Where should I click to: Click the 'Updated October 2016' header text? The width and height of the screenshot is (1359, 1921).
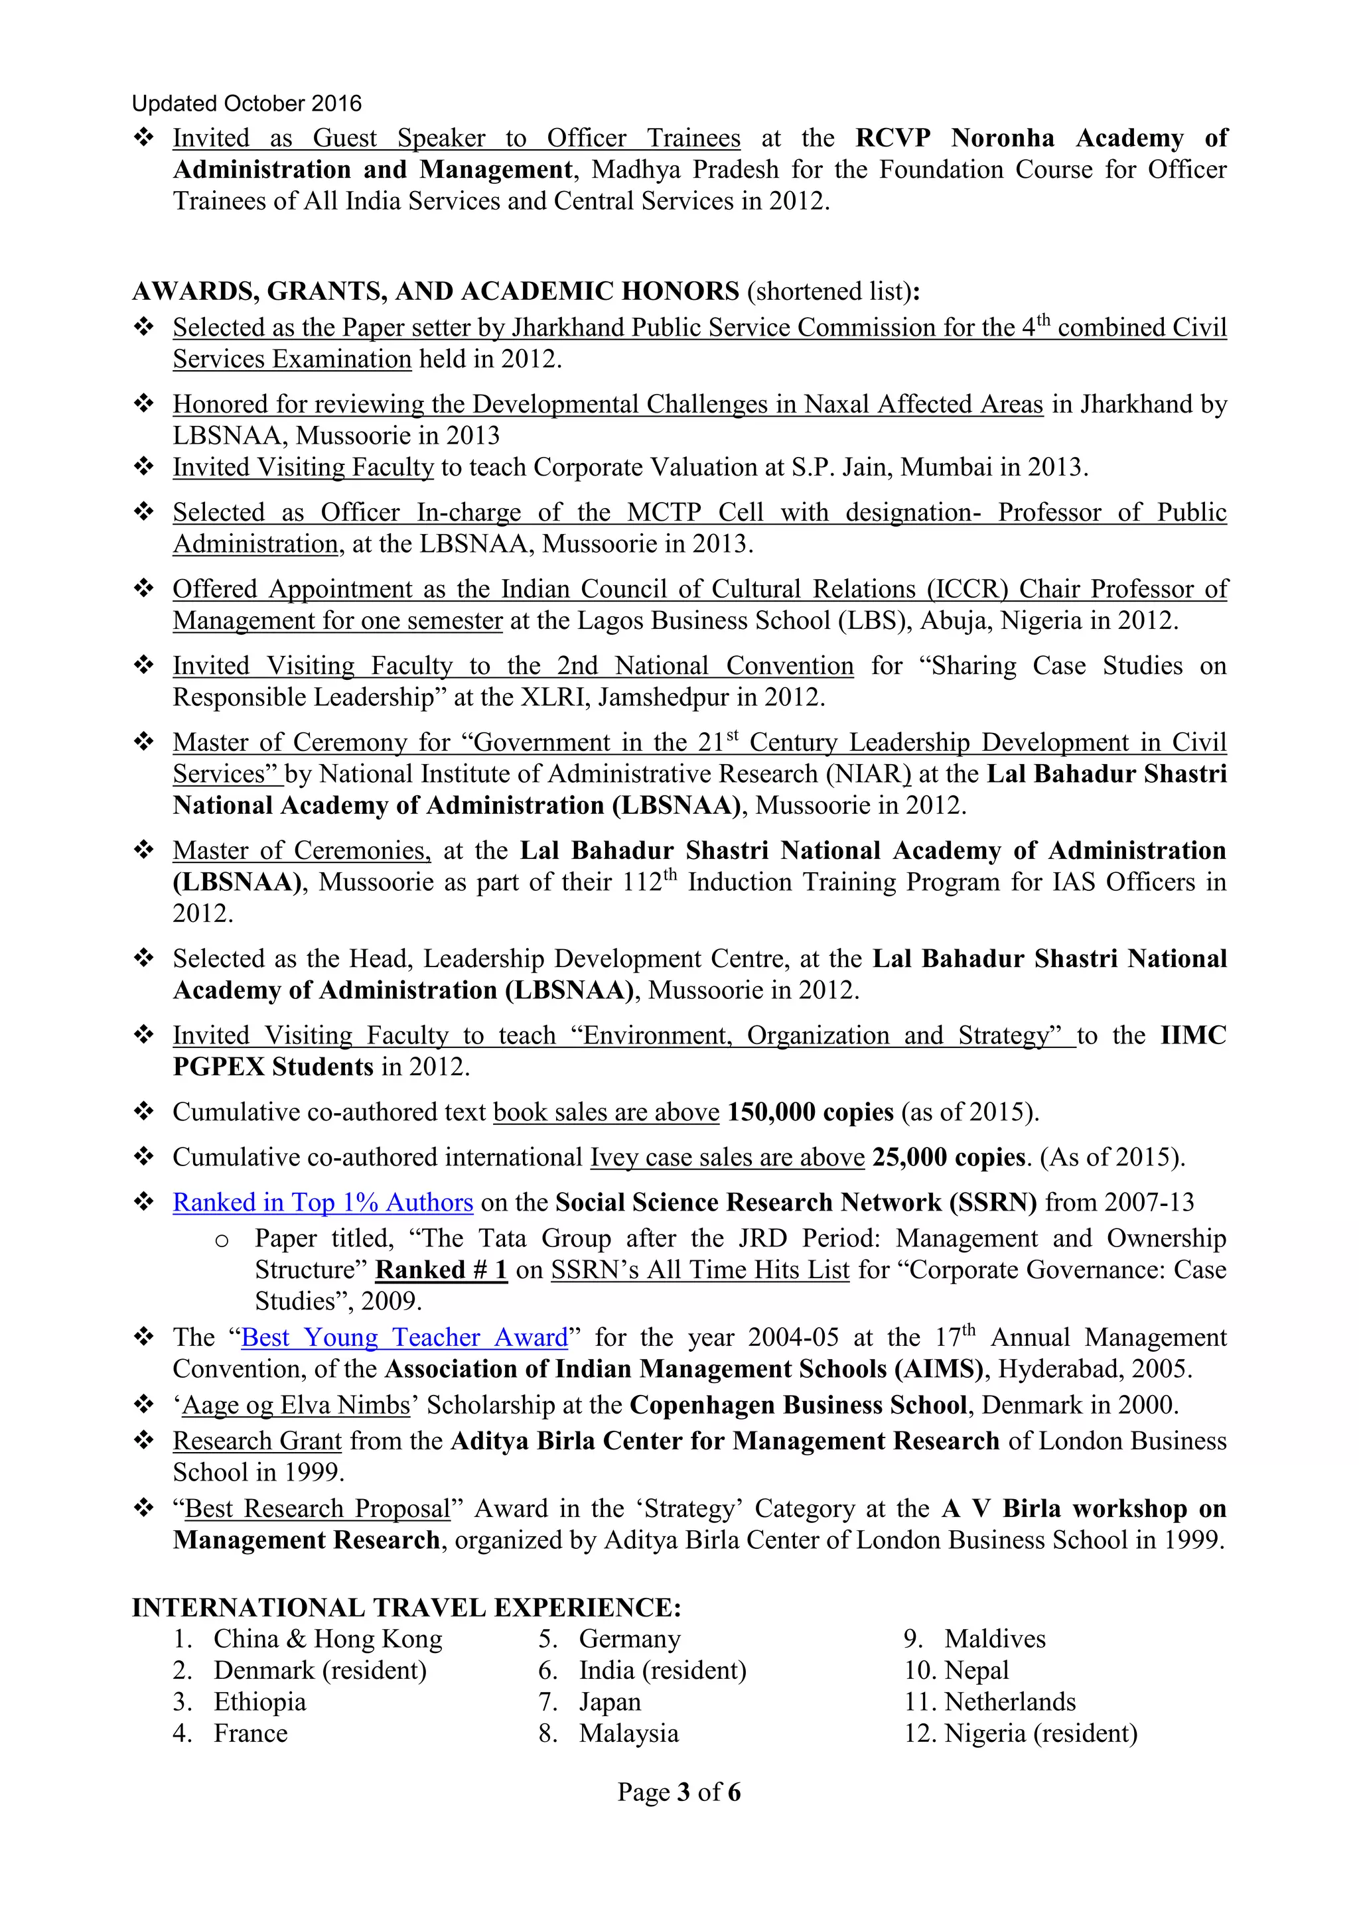[x=247, y=103]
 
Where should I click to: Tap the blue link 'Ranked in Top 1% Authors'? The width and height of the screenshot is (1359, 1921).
[x=323, y=1203]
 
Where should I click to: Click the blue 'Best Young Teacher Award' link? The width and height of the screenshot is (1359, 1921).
[x=404, y=1337]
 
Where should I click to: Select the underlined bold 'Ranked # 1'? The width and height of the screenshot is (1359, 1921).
[x=441, y=1270]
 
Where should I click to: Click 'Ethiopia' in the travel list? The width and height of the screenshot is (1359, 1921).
[x=259, y=1702]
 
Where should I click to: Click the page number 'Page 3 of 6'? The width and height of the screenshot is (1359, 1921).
[x=679, y=1792]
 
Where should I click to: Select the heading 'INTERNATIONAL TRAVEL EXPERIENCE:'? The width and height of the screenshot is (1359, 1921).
[x=407, y=1607]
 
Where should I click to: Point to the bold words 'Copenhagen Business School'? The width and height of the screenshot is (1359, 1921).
[x=798, y=1405]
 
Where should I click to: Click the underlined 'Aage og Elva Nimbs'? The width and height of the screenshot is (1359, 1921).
[x=296, y=1405]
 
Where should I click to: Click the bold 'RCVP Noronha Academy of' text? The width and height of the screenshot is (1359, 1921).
[x=1041, y=137]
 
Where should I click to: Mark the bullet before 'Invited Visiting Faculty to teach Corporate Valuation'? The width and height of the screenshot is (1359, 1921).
[x=144, y=466]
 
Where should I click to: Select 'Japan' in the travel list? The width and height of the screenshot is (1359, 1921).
[x=609, y=1702]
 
